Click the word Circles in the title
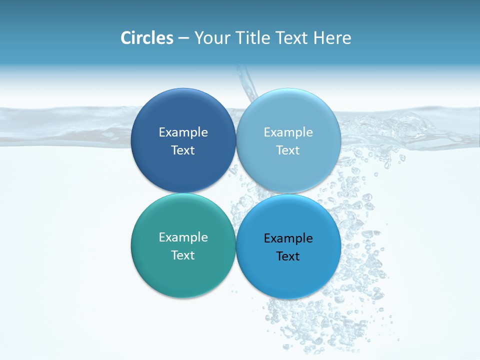tap(146, 38)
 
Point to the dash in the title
tap(183, 38)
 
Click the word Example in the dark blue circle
tap(183, 132)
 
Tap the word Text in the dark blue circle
tap(183, 150)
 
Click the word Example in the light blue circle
tap(288, 132)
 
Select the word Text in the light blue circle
tap(288, 150)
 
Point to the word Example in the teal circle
tap(183, 237)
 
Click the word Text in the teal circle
tap(183, 255)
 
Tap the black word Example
tap(288, 238)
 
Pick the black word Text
tap(288, 256)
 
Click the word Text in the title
tap(292, 38)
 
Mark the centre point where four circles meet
tap(235, 193)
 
